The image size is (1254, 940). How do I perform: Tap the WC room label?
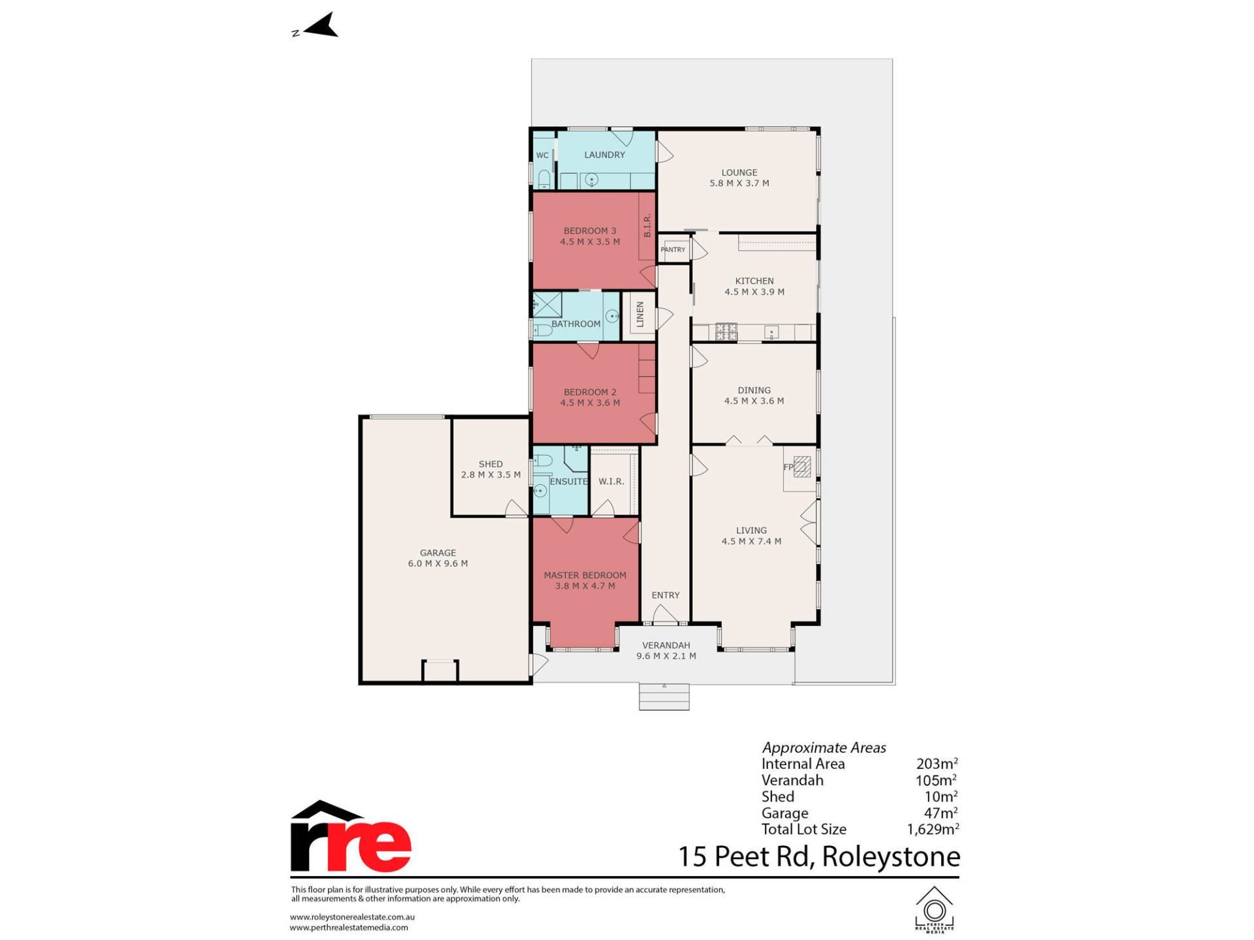pos(542,155)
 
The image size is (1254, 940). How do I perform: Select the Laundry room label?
pos(604,155)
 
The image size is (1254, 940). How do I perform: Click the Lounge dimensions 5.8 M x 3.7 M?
pos(739,183)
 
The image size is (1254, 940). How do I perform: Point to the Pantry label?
pos(673,249)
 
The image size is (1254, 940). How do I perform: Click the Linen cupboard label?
pos(640,315)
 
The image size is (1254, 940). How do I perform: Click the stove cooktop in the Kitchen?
pos(726,332)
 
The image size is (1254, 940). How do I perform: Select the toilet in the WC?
pos(543,178)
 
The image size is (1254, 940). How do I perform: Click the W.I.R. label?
pos(611,481)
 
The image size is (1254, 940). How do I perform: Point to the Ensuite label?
pos(568,481)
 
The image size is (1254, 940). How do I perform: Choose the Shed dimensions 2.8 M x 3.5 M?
pos(490,475)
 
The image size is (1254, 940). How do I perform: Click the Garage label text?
pos(438,552)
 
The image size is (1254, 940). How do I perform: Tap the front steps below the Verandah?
pos(664,697)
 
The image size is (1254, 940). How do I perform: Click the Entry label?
pos(666,595)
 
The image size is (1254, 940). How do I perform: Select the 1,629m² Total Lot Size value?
pos(933,829)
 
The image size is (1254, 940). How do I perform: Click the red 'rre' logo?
pos(351,838)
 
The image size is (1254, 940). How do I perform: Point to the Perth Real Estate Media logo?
pos(935,909)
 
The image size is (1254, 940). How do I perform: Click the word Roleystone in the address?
pos(891,856)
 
